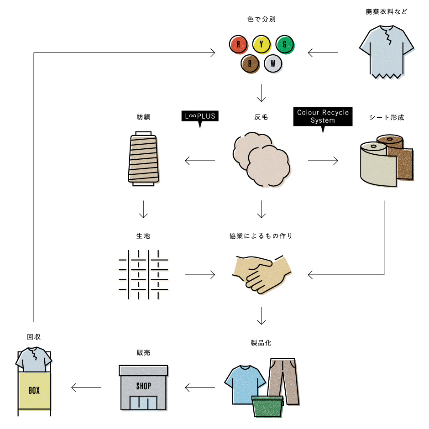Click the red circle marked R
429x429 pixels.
click(x=238, y=44)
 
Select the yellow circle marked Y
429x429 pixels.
click(x=262, y=44)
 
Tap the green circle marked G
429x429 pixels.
click(x=285, y=44)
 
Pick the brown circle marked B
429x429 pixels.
click(x=250, y=63)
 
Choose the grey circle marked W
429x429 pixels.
click(x=273, y=63)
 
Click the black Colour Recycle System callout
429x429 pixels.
click(x=323, y=117)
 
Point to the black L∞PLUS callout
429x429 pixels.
click(x=199, y=116)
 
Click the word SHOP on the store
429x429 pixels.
click(x=143, y=386)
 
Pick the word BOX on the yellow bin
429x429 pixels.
click(x=34, y=391)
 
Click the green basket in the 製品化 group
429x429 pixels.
click(x=267, y=406)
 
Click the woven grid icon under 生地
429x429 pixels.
click(x=143, y=274)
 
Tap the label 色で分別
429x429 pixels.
click(x=261, y=19)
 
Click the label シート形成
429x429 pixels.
click(x=387, y=117)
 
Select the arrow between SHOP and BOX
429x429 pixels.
click(x=87, y=388)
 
